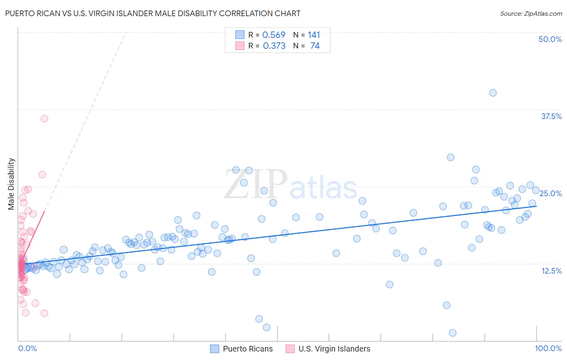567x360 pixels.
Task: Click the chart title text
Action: [x=152, y=13]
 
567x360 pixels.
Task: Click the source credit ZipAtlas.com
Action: [x=531, y=13]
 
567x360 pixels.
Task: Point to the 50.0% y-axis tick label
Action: [x=550, y=39]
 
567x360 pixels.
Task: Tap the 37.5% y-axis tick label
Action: [x=551, y=116]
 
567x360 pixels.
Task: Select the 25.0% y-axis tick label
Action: [x=550, y=193]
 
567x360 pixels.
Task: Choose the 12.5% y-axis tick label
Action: [x=551, y=271]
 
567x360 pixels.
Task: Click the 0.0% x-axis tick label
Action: [x=27, y=348]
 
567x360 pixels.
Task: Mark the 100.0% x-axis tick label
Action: [x=548, y=348]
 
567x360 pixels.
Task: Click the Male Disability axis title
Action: [x=11, y=184]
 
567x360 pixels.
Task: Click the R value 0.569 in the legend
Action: [x=274, y=35]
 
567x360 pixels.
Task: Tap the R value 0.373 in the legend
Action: [x=274, y=46]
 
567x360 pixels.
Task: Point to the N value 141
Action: [x=314, y=35]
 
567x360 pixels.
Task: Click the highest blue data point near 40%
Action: [x=493, y=93]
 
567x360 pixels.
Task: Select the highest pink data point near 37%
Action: [x=44, y=119]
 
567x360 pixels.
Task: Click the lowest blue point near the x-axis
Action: [x=452, y=333]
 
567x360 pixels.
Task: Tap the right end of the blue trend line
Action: [x=536, y=206]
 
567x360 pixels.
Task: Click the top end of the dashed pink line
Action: [x=125, y=35]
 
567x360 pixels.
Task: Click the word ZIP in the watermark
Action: [x=255, y=184]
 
